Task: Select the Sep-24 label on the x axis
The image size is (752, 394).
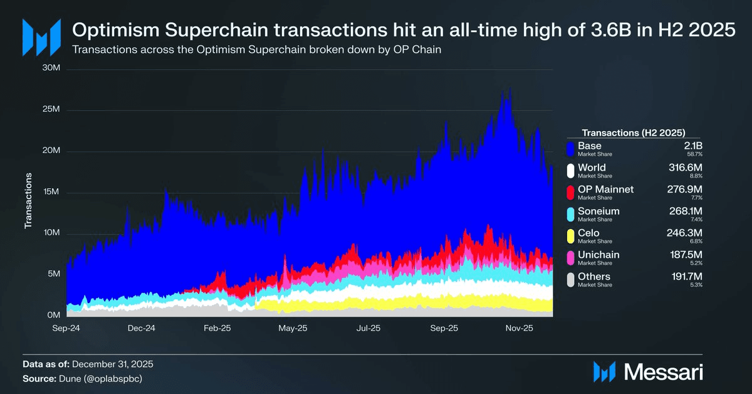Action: click(x=66, y=328)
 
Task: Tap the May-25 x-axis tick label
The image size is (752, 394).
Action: click(x=293, y=328)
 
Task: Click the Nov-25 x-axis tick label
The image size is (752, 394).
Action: click(x=520, y=328)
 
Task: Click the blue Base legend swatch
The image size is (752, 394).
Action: click(x=570, y=148)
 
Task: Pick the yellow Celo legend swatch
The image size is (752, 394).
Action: click(x=570, y=236)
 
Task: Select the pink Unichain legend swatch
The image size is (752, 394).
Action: click(x=570, y=258)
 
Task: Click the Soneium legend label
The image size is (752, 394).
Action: click(x=598, y=211)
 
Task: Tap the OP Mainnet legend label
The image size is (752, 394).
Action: click(x=605, y=189)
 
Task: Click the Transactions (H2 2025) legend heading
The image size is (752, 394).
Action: click(x=633, y=132)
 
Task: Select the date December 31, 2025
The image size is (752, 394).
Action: click(x=113, y=364)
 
